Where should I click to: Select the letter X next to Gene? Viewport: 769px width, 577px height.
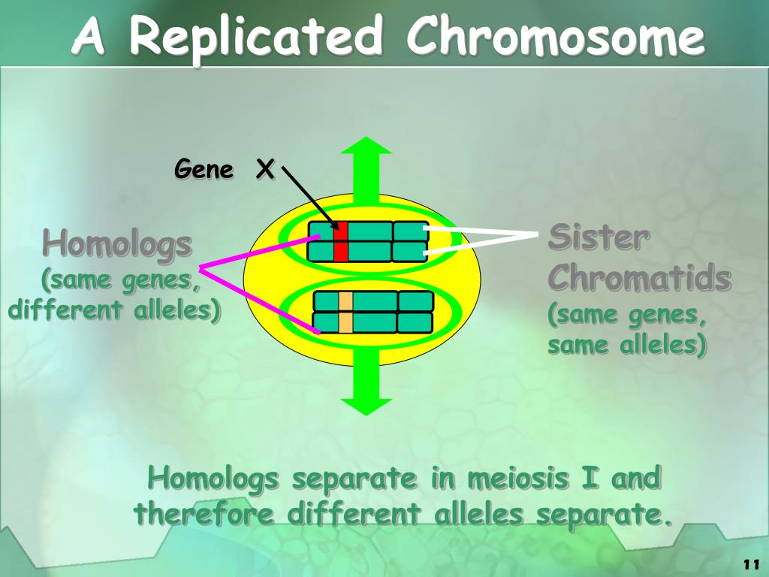pyautogui.click(x=264, y=170)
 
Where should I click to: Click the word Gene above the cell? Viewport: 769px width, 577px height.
pyautogui.click(x=204, y=170)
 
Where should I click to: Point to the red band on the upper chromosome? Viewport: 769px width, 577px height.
pyautogui.click(x=341, y=241)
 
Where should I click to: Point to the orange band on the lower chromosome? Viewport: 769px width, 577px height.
pyautogui.click(x=345, y=312)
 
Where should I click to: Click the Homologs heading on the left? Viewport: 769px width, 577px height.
pyautogui.click(x=117, y=244)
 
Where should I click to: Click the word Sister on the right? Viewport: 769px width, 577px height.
pyautogui.click(x=599, y=239)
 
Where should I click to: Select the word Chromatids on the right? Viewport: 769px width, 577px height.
pyautogui.click(x=639, y=279)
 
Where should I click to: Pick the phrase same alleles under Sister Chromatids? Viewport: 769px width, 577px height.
pyautogui.click(x=626, y=345)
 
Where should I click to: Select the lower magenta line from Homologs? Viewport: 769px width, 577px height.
pyautogui.click(x=259, y=299)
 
